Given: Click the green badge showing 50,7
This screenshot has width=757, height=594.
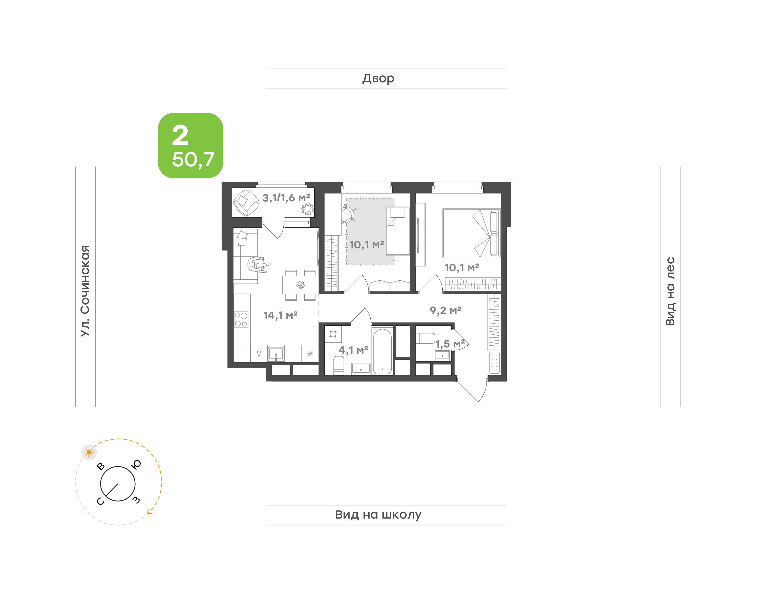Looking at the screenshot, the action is click(190, 145).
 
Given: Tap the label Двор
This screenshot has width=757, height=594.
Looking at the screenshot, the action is click(378, 79).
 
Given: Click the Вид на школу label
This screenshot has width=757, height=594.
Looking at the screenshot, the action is click(378, 514).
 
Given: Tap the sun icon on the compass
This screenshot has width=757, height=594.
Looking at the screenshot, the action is click(89, 452).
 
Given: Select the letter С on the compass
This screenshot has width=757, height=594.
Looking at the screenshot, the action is click(100, 501).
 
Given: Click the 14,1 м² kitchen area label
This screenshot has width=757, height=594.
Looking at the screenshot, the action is click(280, 315).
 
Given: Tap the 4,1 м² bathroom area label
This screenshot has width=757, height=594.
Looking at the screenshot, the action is click(353, 350).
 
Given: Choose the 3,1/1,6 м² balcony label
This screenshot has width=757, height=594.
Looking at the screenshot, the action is click(286, 198).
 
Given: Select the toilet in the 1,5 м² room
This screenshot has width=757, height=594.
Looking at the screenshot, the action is click(425, 338).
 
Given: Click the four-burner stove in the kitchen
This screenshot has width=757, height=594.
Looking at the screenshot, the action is click(241, 320).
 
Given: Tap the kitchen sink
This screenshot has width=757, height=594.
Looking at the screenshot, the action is click(276, 354).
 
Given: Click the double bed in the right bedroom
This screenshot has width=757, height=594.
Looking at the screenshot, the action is click(472, 233).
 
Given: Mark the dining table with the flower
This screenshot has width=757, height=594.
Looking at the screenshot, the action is click(300, 285).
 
